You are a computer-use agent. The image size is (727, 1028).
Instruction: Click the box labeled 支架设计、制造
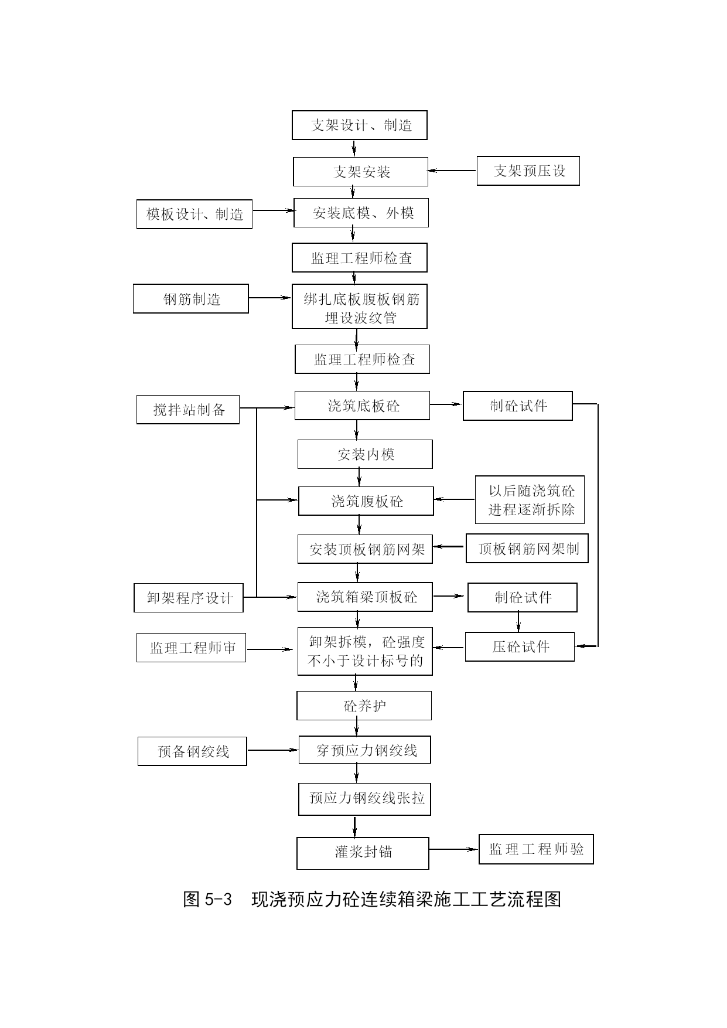point(360,125)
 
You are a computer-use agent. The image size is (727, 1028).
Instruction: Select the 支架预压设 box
point(528,171)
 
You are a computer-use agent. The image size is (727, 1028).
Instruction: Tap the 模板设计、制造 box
point(194,214)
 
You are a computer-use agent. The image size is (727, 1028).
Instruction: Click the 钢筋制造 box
point(191,299)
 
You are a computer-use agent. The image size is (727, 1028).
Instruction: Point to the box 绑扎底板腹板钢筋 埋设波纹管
point(360,307)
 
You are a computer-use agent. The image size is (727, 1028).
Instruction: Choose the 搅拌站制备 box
point(188,409)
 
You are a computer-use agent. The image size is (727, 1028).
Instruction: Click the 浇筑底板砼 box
point(362,406)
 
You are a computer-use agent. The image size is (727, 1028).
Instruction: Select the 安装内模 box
point(365,454)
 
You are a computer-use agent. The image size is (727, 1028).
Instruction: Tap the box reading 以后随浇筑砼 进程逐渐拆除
point(530,499)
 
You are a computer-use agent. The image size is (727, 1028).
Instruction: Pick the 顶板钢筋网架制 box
point(527,549)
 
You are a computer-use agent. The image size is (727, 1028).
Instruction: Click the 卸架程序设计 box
point(189,598)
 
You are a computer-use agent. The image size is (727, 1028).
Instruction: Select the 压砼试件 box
point(520,646)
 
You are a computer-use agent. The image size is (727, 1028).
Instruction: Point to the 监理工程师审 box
point(191,648)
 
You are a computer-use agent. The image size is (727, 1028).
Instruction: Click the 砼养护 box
point(364,706)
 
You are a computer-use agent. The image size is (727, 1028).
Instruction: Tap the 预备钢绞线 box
point(192,751)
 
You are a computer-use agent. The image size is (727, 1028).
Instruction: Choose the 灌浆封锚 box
point(363,853)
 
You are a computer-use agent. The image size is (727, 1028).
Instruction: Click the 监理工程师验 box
point(536,849)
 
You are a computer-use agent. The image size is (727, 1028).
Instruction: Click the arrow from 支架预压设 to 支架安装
point(452,171)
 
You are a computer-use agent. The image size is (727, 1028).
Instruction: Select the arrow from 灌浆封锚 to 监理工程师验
point(454,849)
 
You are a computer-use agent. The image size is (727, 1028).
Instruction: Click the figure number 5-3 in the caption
point(219,899)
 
